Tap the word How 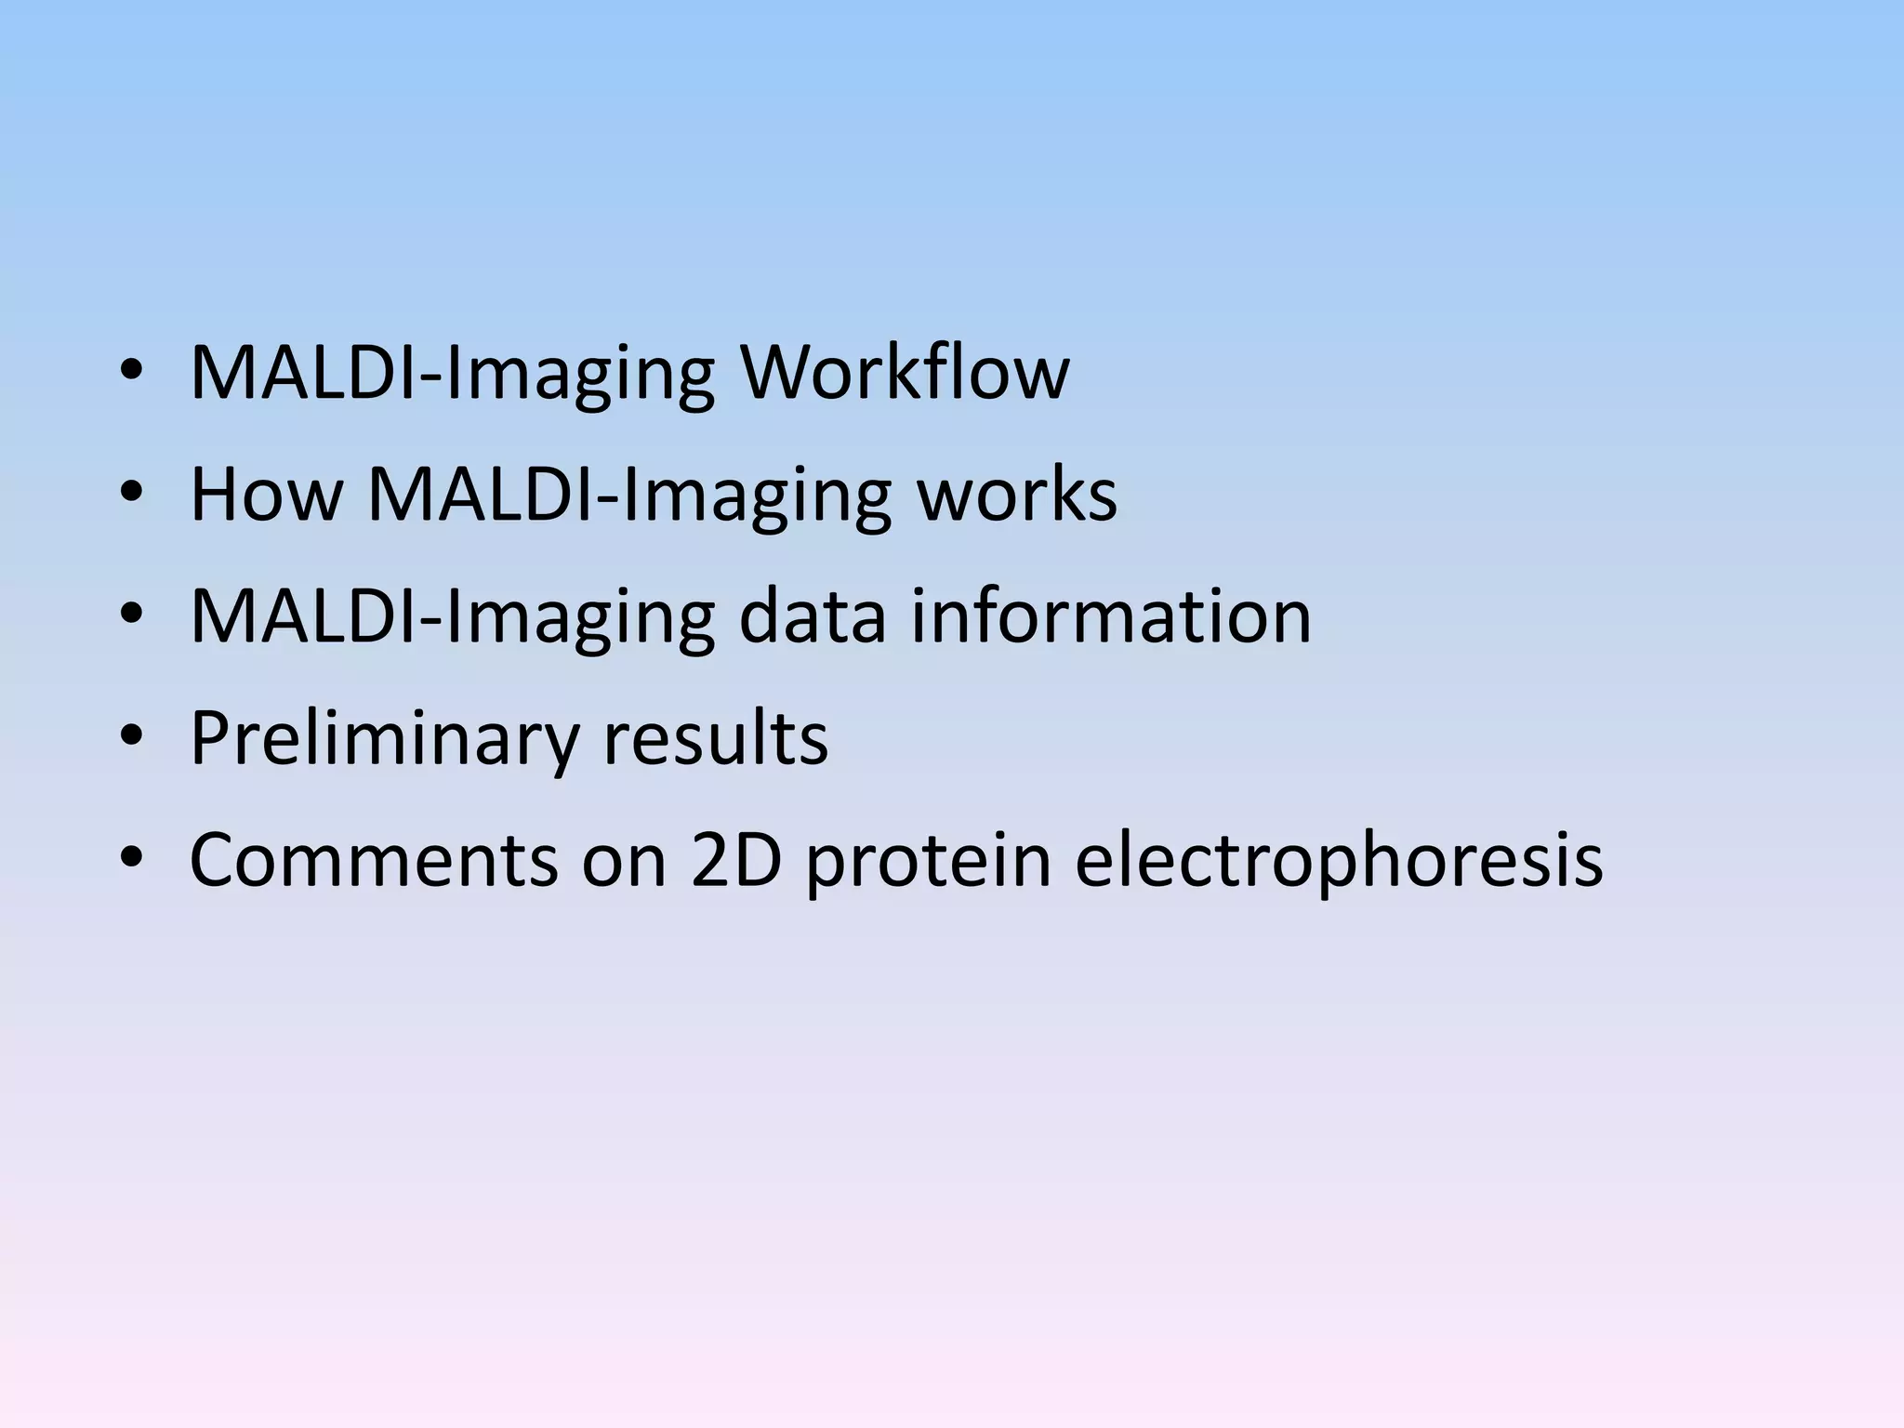pyautogui.click(x=266, y=495)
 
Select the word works pyautogui.click(x=1017, y=495)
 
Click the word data pyautogui.click(x=812, y=616)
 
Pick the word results pyautogui.click(x=715, y=738)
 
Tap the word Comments pyautogui.click(x=374, y=860)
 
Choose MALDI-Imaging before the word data pyautogui.click(x=452, y=618)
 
